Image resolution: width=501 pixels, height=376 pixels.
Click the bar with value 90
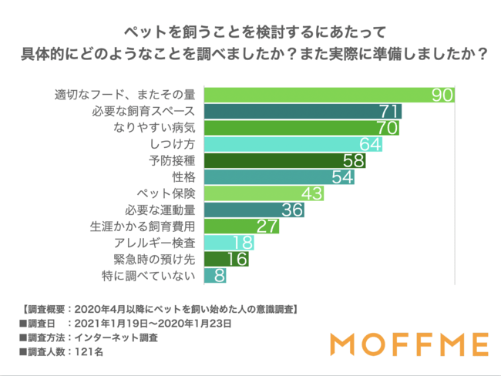coord(328,95)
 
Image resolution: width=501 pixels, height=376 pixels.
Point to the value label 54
coord(342,177)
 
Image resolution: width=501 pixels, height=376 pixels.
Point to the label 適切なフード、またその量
coord(126,96)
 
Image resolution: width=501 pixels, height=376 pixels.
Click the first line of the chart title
coord(250,33)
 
